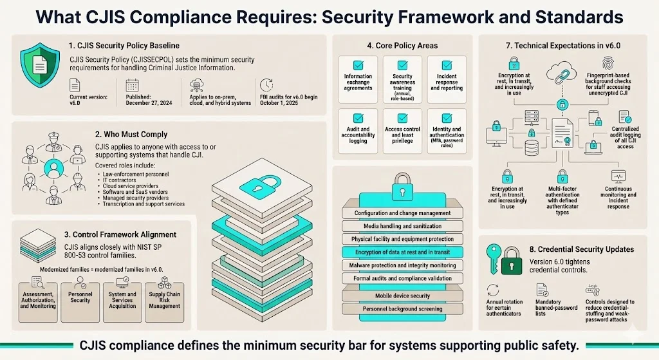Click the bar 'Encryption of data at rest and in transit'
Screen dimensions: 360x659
[403, 252]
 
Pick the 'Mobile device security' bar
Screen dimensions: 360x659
[402, 296]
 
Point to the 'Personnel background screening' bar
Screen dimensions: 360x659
[403, 309]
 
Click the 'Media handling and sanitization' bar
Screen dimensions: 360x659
[403, 226]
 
